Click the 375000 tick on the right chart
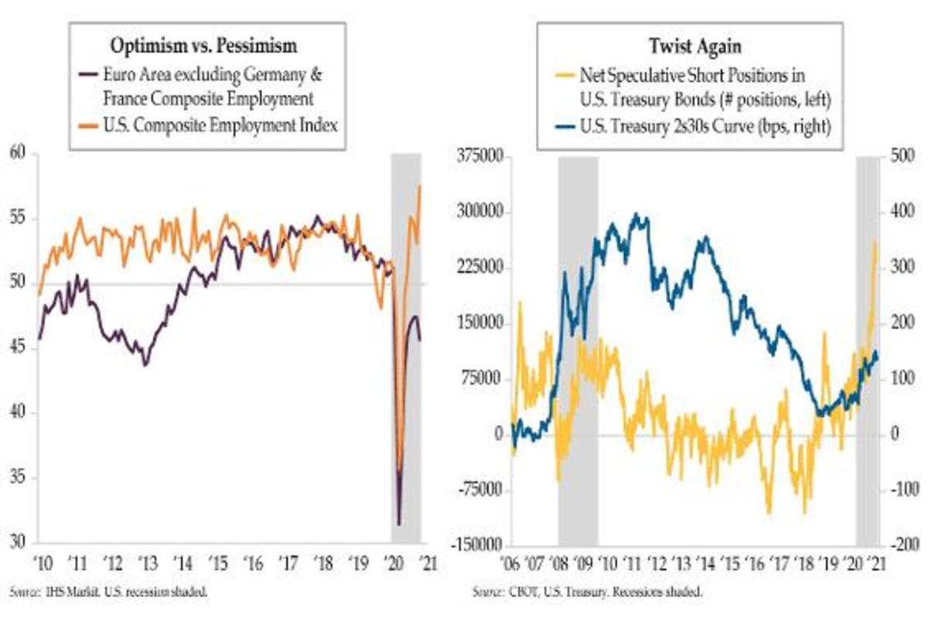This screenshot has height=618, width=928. [x=480, y=158]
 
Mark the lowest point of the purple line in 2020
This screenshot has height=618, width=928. [x=399, y=525]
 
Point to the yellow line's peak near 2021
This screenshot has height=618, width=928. [x=875, y=241]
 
